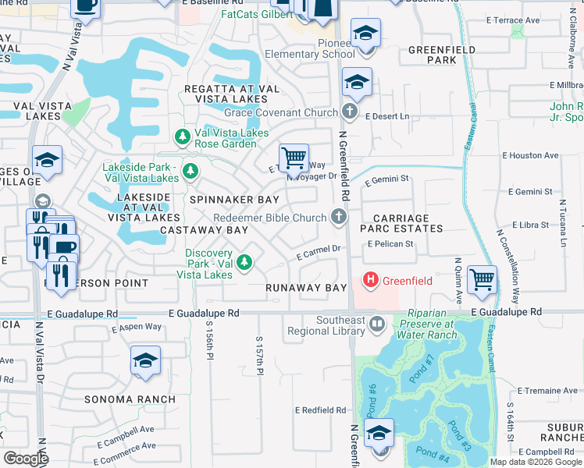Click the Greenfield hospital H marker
(x=371, y=279)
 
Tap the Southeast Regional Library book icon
(x=378, y=323)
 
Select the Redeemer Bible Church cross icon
(x=339, y=218)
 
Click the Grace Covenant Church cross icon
(x=350, y=112)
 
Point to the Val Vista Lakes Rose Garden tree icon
(x=183, y=138)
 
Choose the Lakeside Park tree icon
(x=189, y=170)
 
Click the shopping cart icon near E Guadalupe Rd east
(x=482, y=279)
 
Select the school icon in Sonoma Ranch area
(x=145, y=360)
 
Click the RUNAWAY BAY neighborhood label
(x=305, y=288)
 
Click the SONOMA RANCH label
(x=130, y=399)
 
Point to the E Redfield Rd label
(x=320, y=409)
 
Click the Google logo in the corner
(x=26, y=459)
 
